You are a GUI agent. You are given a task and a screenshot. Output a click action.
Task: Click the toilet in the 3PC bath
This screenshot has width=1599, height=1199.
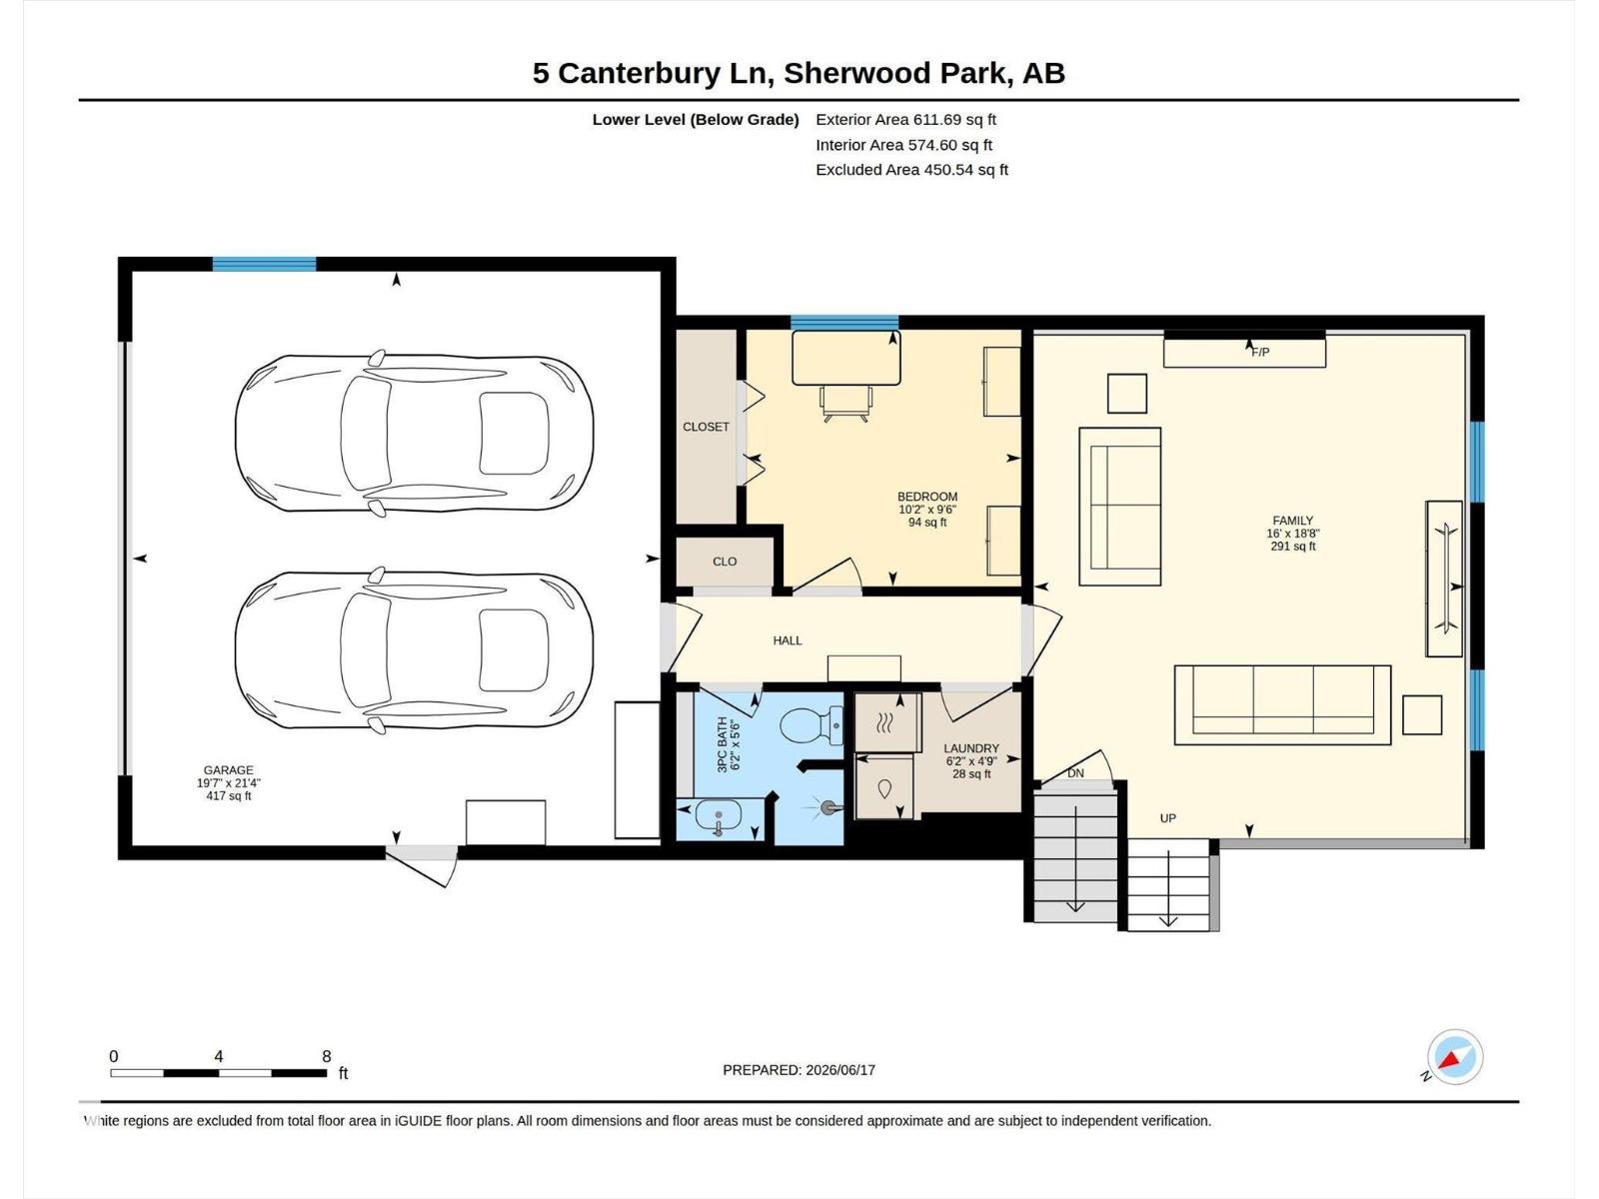(811, 725)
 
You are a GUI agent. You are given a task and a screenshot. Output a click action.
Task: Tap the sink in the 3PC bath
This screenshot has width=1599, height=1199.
(719, 816)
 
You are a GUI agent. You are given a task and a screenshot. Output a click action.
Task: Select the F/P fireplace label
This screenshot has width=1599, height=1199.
(1260, 353)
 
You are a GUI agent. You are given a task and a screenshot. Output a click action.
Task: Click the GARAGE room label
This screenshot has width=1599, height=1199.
(228, 769)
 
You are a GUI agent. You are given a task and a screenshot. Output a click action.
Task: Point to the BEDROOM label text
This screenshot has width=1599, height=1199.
(927, 497)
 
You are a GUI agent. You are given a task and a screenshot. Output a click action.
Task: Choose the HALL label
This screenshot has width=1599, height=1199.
(788, 640)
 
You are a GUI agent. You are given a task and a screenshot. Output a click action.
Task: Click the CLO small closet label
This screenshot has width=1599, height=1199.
(725, 562)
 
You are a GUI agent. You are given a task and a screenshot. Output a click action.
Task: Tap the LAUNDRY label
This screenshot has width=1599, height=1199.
(971, 748)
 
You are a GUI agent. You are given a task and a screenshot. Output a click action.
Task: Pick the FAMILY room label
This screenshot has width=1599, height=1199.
(1293, 521)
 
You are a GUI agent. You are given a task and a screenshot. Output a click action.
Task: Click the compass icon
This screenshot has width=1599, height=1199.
(1455, 1057)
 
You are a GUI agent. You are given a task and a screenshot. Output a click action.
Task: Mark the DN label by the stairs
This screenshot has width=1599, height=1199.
(1075, 773)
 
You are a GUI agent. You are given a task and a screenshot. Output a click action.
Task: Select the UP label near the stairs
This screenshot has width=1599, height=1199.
(1167, 818)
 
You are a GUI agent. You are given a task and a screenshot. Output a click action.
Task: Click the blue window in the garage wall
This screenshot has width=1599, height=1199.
(264, 264)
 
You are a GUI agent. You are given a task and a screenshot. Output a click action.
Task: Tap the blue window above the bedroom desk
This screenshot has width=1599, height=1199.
(844, 323)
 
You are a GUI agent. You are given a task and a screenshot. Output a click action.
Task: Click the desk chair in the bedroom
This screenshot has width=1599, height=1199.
(845, 404)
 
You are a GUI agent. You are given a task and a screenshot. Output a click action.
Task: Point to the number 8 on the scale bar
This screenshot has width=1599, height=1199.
(327, 1056)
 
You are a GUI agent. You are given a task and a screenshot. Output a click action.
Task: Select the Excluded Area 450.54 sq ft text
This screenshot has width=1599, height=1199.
(911, 170)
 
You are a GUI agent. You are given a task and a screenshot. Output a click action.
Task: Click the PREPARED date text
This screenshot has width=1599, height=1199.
(799, 1070)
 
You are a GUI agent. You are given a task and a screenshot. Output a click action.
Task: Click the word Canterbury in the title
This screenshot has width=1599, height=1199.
(639, 73)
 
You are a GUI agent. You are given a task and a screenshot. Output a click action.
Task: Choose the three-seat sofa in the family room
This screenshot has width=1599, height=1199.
(1283, 704)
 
